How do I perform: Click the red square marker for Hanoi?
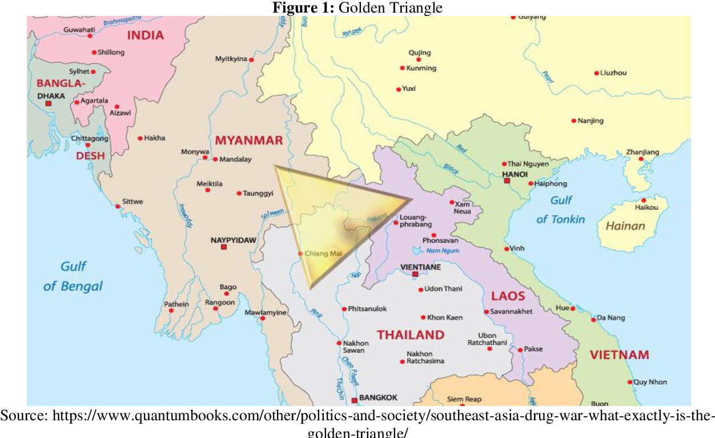(507, 181)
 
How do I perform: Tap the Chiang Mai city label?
(323, 253)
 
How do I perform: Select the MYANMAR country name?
(248, 141)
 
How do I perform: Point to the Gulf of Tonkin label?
(560, 210)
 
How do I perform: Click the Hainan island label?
(625, 226)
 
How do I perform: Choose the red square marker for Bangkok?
(354, 400)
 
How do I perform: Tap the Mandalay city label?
(235, 160)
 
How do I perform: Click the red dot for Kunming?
(402, 68)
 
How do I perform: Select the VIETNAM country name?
(619, 355)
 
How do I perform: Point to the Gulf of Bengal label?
(73, 276)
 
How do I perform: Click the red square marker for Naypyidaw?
(224, 247)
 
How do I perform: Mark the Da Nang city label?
(610, 318)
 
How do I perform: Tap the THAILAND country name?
(410, 335)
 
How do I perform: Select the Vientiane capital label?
(420, 267)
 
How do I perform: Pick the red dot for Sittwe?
(118, 206)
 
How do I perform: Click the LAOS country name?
(508, 296)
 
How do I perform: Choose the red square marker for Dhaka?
(48, 104)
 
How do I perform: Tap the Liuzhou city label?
(613, 73)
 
